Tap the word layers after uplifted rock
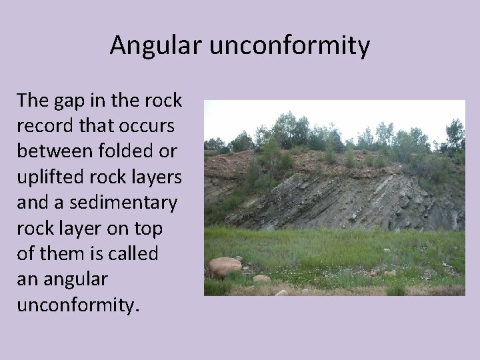tap(155, 177)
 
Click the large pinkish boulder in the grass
tap(225, 267)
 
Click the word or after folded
tap(167, 151)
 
